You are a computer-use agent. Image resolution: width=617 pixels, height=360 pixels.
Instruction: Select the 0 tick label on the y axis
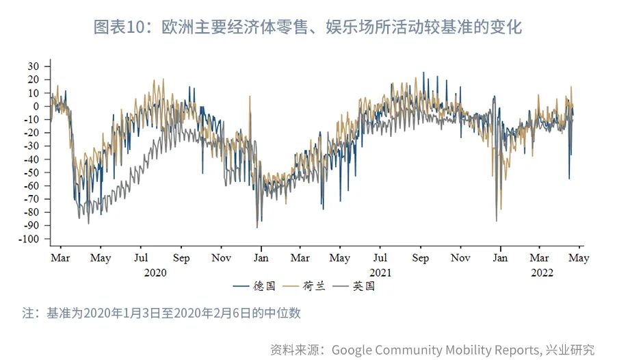38,106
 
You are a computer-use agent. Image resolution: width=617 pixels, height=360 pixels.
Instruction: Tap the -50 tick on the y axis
34,172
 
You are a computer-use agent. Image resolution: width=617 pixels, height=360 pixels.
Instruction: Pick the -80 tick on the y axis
34,212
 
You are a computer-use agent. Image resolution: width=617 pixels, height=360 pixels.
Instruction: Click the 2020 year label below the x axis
155,272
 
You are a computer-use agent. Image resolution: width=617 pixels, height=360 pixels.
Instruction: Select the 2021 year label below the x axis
380,272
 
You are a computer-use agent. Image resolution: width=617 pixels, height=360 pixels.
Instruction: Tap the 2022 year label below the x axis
542,272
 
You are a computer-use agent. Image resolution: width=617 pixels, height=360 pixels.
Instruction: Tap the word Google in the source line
354,350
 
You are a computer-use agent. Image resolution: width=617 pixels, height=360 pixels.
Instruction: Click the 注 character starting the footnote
28,313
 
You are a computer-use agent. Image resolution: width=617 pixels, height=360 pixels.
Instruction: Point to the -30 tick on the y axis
34,146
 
